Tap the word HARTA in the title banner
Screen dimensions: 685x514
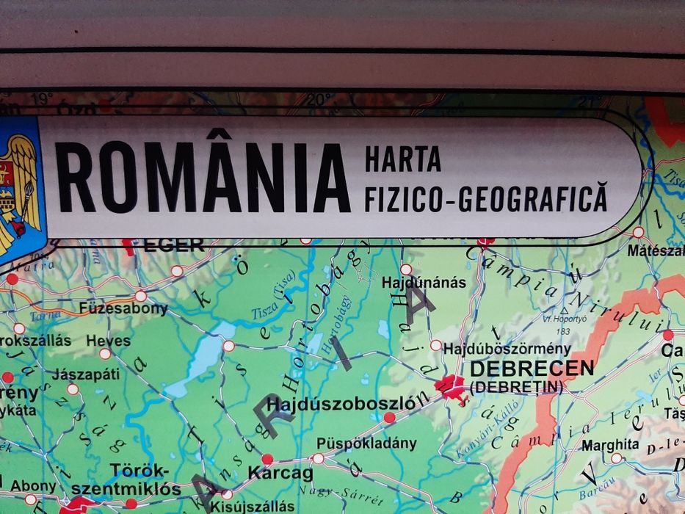pos(402,158)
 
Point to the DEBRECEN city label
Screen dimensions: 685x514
pos(532,368)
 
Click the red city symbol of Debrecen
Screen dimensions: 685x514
pos(451,386)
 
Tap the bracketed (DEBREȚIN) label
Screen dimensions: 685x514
pos(515,386)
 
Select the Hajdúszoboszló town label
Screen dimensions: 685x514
pos(347,403)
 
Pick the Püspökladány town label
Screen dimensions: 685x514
pos(366,444)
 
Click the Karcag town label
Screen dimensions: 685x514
pos(280,473)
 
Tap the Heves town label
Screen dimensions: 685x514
pos(108,341)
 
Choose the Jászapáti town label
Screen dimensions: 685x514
pos(86,373)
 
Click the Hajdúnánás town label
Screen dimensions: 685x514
pos(424,283)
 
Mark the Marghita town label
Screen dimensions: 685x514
pos(610,444)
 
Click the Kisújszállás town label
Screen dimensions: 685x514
pos(252,506)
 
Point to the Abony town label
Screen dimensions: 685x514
pos(33,485)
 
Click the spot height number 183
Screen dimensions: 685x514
pos(564,331)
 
